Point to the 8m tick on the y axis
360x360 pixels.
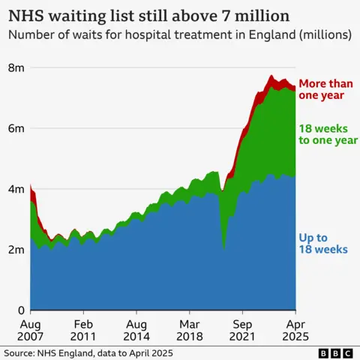pos(16,67)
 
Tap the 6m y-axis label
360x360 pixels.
pos(16,128)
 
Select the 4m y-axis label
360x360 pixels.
pos(16,189)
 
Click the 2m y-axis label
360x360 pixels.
pos(16,250)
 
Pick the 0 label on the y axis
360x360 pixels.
pos(21,310)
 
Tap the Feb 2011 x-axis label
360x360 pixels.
pos(82,331)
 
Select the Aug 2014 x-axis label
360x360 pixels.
pos(136,331)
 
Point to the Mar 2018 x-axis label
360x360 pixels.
pos(189,331)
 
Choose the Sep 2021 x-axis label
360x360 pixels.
pos(241,331)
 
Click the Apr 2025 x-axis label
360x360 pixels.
pos(295,331)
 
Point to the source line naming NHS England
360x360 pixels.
pos(88,352)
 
